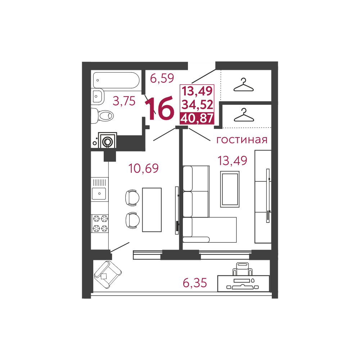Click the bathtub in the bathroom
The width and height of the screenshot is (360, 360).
click(116, 80)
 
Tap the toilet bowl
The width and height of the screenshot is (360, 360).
click(102, 116)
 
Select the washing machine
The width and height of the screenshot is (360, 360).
click(107, 140)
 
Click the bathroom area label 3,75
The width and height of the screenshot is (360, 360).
click(124, 101)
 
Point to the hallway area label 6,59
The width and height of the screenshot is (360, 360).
click(162, 78)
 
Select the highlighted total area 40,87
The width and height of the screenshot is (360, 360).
click(197, 118)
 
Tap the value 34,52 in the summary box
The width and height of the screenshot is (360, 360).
click(197, 104)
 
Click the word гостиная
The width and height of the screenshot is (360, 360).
click(242, 139)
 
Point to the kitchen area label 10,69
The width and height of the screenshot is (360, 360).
click(144, 168)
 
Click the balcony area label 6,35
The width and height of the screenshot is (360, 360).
click(195, 283)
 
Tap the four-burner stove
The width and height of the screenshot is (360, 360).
click(100, 224)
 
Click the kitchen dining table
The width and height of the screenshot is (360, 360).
click(152, 210)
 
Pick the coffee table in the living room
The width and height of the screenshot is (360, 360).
click(230, 189)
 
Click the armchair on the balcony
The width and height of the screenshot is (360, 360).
click(108, 275)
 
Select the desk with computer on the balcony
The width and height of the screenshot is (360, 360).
click(243, 283)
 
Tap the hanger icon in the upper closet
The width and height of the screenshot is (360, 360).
click(243, 85)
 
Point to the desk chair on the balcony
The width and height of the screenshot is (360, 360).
click(242, 269)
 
